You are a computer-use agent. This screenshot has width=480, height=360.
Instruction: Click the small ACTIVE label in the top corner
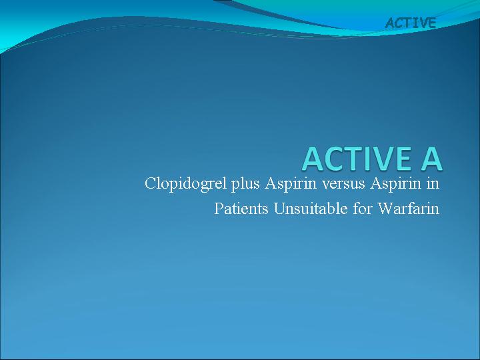tap(411, 23)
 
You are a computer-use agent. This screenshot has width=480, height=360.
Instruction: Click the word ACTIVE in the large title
tap(357, 159)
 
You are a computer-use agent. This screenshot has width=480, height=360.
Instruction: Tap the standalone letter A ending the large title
tap(431, 159)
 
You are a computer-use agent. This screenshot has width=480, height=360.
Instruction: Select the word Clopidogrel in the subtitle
tap(186, 184)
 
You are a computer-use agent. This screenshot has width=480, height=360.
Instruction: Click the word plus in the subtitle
tap(245, 184)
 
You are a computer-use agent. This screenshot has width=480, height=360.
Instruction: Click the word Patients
tap(241, 209)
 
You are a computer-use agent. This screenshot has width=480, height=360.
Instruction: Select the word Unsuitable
tap(311, 209)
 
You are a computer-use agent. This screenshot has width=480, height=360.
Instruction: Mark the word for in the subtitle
tap(362, 209)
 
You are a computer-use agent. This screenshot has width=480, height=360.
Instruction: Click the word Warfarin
tap(409, 209)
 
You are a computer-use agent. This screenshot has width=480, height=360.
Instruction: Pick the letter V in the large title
tap(382, 159)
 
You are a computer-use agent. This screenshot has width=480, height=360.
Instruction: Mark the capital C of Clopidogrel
tap(150, 184)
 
